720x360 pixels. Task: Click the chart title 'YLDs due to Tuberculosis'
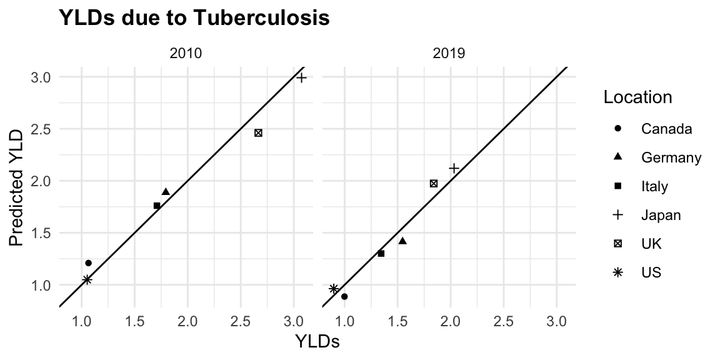coord(194,19)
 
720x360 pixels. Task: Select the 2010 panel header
coord(186,54)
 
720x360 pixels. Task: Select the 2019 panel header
coord(449,54)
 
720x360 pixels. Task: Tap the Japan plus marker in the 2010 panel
coord(301,77)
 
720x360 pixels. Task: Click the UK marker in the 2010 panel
coord(258,132)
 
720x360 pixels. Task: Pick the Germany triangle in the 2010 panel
coord(166,191)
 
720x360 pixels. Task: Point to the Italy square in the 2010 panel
coord(157,206)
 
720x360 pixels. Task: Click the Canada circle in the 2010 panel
coord(88,263)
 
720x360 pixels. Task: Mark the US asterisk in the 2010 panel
coord(87,279)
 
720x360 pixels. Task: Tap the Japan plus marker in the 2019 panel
coord(454,168)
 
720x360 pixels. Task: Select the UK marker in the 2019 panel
coord(434,183)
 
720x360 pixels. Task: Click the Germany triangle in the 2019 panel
coord(402,241)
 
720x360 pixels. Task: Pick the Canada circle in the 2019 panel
coord(344,296)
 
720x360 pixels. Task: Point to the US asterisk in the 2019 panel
coord(334,288)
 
